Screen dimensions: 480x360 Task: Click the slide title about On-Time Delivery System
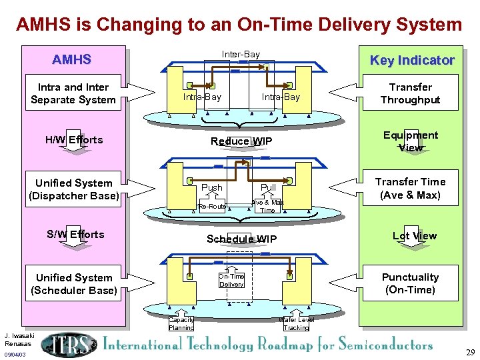click(x=239, y=25)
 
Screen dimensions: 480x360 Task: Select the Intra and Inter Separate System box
click(x=73, y=93)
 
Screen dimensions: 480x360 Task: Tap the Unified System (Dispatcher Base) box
click(x=73, y=189)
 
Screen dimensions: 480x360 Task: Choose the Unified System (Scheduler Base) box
click(x=73, y=284)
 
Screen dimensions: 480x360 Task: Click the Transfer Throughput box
click(x=410, y=93)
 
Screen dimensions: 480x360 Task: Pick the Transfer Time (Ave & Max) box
click(x=410, y=188)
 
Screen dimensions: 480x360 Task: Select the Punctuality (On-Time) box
click(x=410, y=283)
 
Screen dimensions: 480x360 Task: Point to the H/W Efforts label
click(x=74, y=140)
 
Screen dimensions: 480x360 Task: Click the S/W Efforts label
click(x=75, y=235)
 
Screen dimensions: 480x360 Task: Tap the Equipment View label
click(x=410, y=141)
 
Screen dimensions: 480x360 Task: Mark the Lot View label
click(x=414, y=236)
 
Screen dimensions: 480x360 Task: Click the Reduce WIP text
click(x=241, y=141)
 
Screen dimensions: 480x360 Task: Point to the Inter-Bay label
click(x=241, y=54)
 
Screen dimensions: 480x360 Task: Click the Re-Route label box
click(x=212, y=207)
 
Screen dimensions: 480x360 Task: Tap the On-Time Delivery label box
click(x=231, y=281)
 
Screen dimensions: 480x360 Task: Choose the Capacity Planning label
click(x=181, y=324)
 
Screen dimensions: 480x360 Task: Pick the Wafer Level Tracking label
click(x=296, y=324)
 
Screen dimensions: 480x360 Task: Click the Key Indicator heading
click(x=411, y=61)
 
